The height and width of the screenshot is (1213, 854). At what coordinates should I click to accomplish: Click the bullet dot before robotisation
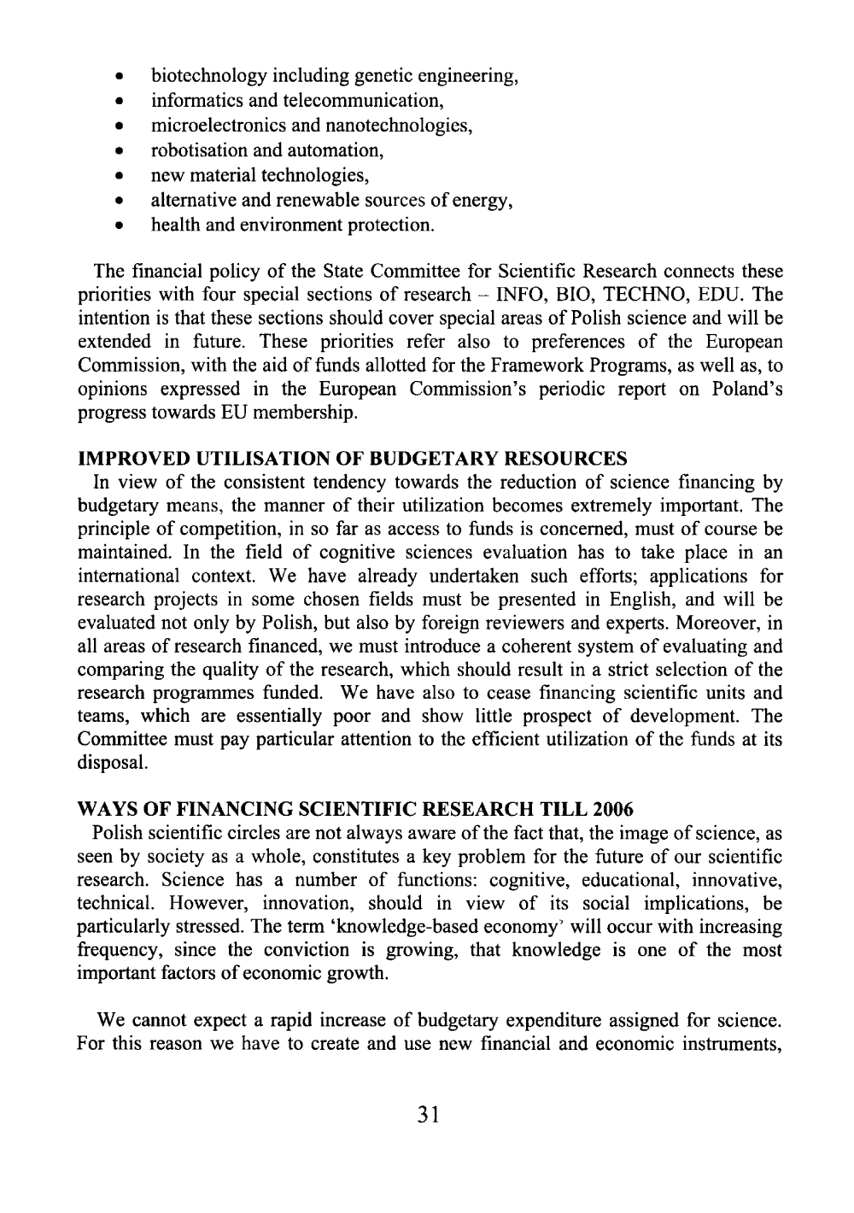[123, 152]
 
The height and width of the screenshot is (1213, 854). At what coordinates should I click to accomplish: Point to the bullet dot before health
[123, 227]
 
